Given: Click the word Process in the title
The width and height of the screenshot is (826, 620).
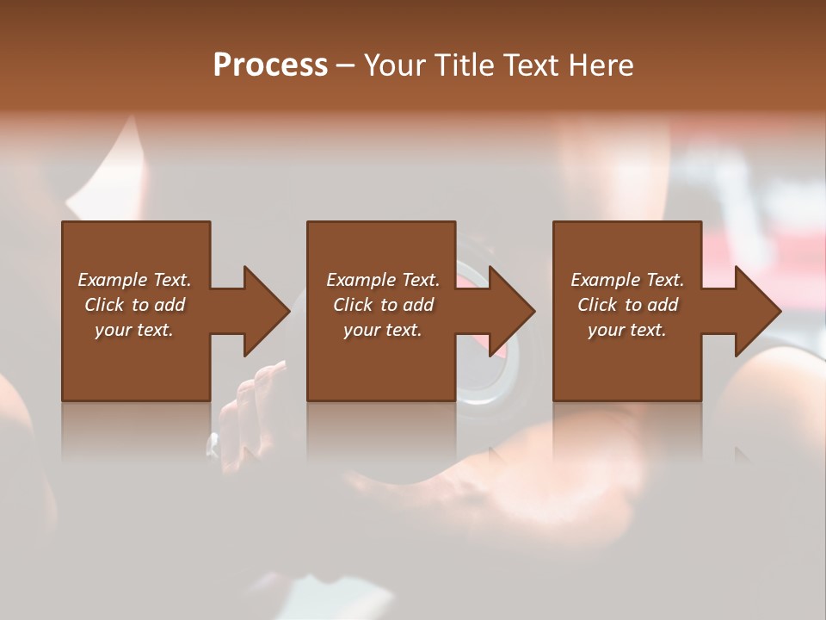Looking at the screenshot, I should point(270,65).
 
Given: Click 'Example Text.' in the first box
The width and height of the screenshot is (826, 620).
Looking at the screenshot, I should point(134,280).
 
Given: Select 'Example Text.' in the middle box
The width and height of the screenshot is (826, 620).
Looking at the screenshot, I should point(383,280).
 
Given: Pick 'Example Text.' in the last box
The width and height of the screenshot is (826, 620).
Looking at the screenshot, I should point(627,280).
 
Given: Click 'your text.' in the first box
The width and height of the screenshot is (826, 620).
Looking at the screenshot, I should point(134,330).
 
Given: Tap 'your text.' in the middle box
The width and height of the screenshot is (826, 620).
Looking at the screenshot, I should point(383,330).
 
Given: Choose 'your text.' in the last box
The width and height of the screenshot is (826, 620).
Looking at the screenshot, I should point(627,330).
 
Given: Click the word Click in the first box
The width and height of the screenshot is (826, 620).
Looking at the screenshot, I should point(105,305).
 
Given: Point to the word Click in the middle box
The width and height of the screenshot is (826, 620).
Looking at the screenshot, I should point(354,305).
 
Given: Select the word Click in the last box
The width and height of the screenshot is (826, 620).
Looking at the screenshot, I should point(598,305).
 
